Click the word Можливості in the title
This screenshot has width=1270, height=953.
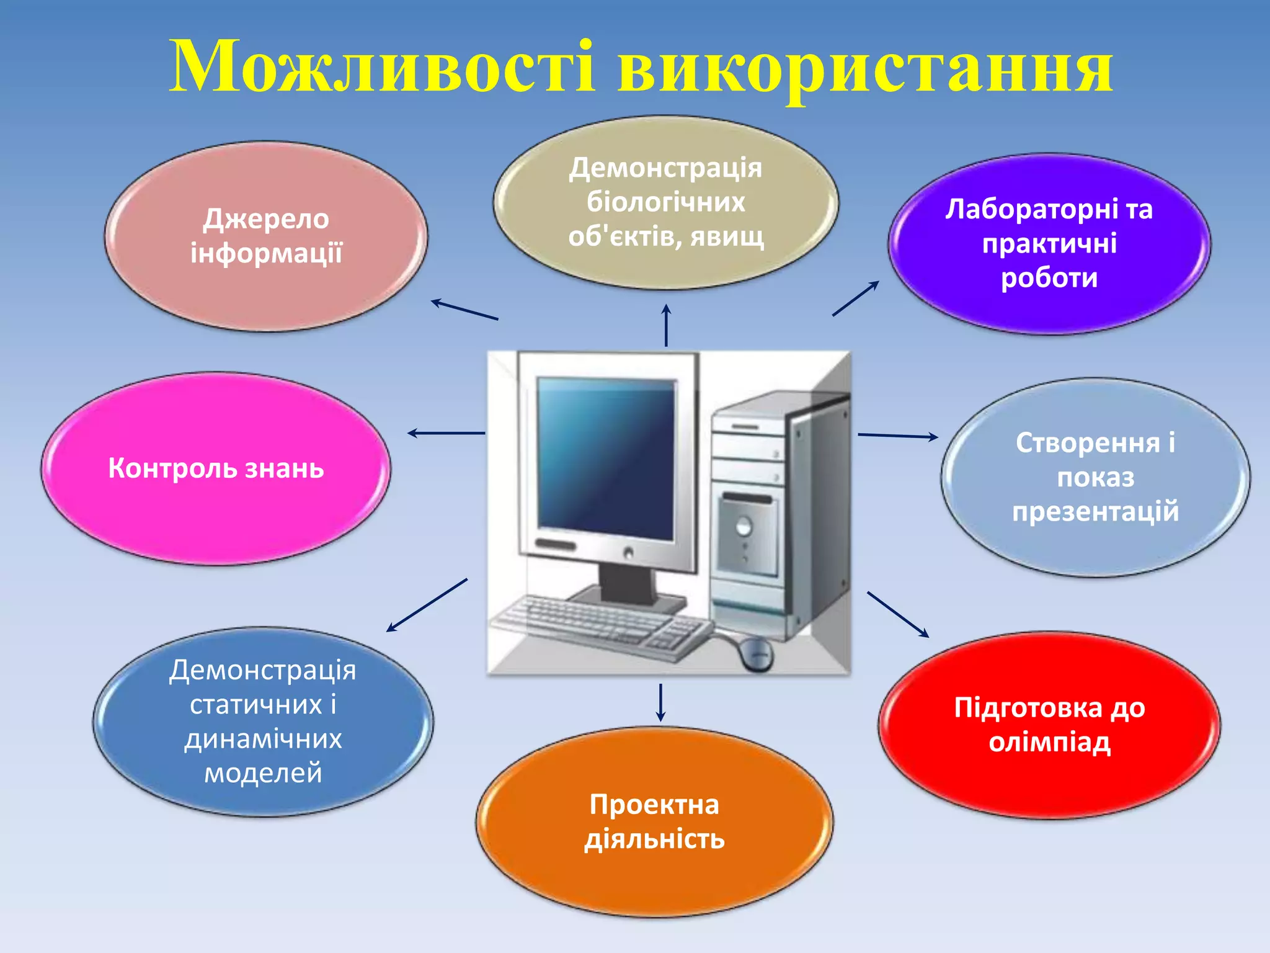pos(381,67)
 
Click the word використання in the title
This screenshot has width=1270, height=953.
pos(865,69)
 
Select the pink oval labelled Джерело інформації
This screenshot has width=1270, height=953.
pos(266,236)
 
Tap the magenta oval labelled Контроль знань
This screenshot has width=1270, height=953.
pos(216,468)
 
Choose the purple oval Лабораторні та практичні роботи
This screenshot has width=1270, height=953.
pos(1049,244)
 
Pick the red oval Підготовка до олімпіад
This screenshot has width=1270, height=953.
pos(1049,725)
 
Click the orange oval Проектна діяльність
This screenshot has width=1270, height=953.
pos(654,821)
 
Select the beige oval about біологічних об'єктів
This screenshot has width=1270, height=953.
pos(666,202)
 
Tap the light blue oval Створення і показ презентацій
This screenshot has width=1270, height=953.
pos(1096,477)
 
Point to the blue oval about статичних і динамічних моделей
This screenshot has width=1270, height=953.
pos(263,722)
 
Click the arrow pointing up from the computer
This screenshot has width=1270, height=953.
pos(666,325)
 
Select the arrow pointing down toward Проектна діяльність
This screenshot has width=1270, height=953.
pos(660,702)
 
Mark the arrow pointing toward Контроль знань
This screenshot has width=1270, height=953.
pos(446,433)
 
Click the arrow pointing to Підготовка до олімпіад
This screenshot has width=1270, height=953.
pos(897,614)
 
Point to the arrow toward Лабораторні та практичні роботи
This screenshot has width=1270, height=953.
pos(856,298)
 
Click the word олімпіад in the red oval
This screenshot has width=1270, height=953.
pos(1049,742)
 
